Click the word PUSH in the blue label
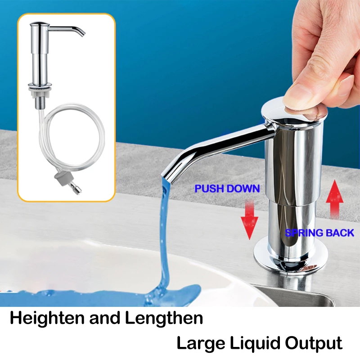click(209, 189)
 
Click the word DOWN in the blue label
click(243, 189)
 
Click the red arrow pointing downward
click(249, 220)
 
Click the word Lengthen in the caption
click(164, 318)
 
